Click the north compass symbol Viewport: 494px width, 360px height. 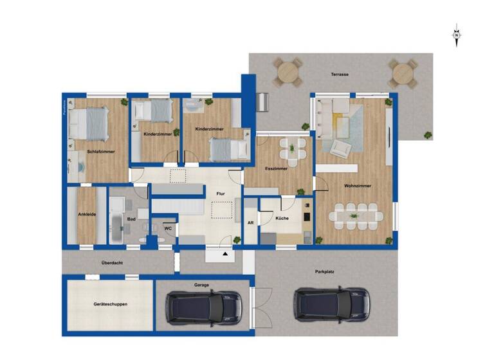[457, 36]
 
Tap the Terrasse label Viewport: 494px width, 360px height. [340, 75]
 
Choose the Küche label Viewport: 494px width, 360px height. [282, 219]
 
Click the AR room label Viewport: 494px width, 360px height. [250, 222]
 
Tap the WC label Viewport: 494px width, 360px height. [167, 228]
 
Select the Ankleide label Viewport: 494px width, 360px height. [87, 214]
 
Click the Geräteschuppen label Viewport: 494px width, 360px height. [109, 304]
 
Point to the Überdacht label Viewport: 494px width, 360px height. [113, 262]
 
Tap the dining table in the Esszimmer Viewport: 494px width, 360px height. [293, 152]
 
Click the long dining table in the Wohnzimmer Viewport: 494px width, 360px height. [356, 216]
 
